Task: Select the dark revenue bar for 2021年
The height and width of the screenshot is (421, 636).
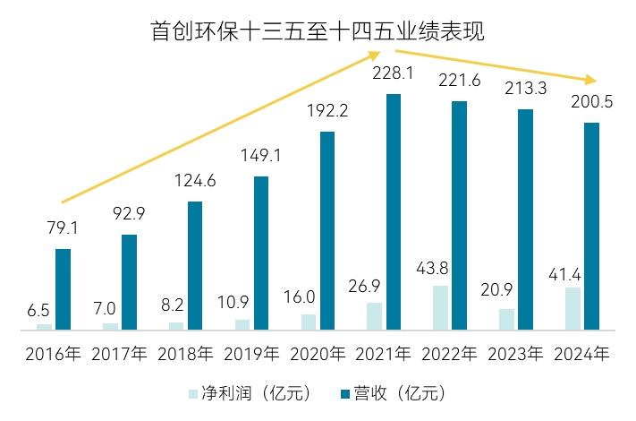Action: tap(394, 211)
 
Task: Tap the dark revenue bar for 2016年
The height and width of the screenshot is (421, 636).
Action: tap(63, 288)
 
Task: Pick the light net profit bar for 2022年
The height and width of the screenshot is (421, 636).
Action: tap(440, 307)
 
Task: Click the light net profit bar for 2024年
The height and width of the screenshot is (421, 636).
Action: tap(572, 308)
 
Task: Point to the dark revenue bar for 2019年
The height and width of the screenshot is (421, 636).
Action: tap(261, 253)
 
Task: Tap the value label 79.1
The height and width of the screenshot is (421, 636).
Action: tap(63, 229)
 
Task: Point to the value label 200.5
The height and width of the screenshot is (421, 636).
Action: tap(591, 103)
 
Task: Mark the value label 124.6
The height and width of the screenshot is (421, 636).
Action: tap(194, 183)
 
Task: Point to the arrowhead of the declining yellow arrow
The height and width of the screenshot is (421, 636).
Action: tap(591, 79)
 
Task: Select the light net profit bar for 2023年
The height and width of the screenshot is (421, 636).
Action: tap(506, 319)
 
